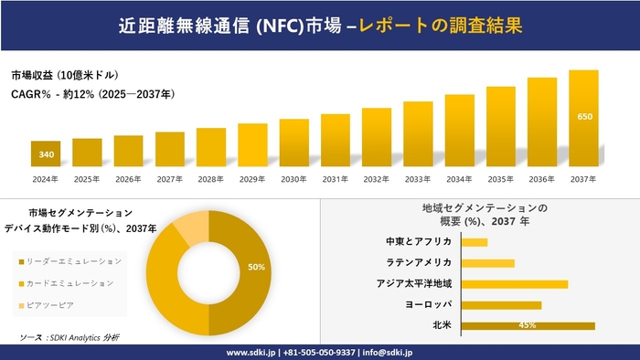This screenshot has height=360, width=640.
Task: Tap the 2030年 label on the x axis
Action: tap(293, 179)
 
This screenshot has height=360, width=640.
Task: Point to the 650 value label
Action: tap(584, 117)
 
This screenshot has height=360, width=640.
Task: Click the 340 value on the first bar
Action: tap(46, 154)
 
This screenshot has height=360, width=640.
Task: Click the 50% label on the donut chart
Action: tap(256, 267)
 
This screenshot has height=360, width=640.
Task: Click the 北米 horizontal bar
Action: tap(528, 325)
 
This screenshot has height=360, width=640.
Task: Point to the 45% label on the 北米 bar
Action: tap(527, 325)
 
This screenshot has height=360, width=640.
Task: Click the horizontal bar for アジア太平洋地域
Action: tap(515, 284)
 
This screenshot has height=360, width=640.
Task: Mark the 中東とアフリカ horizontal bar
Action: tap(475, 242)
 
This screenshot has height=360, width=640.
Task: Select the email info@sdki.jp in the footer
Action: tap(389, 352)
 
